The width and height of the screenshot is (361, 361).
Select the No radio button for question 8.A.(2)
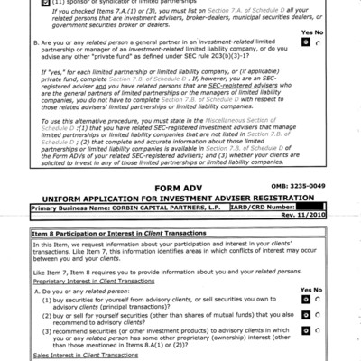[319, 329]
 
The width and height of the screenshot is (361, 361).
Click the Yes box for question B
[307, 66]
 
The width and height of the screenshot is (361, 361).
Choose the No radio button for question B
[319, 66]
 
